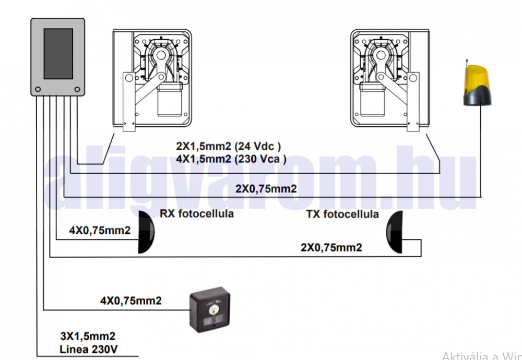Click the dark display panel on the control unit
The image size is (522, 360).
pyautogui.click(x=58, y=54)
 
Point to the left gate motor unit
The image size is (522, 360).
pyautogui.click(x=151, y=78)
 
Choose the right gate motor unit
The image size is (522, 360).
pyautogui.click(x=389, y=78)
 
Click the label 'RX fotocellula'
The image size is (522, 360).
pyautogui.click(x=196, y=214)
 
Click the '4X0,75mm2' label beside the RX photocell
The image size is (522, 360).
pyautogui.click(x=100, y=230)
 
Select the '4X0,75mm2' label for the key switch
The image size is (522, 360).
pyautogui.click(x=130, y=301)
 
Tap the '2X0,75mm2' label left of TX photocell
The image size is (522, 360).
pyautogui.click(x=331, y=247)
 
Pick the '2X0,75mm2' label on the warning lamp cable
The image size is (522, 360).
pyautogui.click(x=266, y=188)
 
